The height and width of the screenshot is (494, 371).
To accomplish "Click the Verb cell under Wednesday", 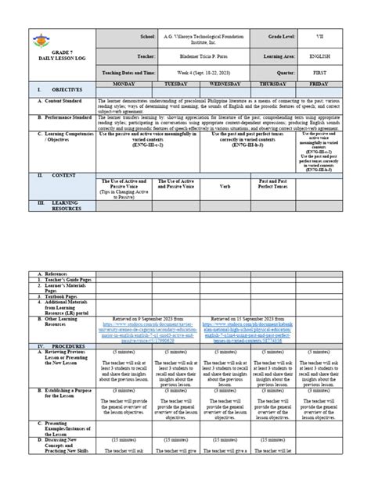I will pos(223,187).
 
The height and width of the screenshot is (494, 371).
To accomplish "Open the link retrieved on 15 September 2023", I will pos(248,328).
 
